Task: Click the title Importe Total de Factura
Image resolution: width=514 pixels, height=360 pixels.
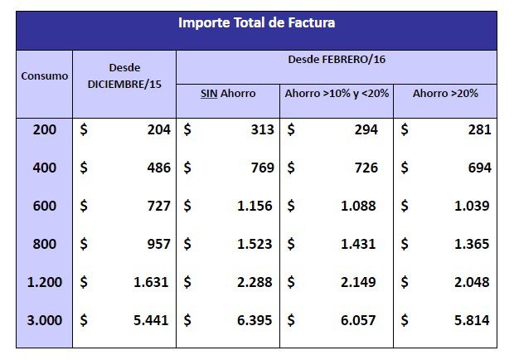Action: [256, 23]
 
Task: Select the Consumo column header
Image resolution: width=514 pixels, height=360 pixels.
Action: [45, 75]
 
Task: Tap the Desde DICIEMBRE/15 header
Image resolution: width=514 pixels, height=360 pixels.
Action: [124, 75]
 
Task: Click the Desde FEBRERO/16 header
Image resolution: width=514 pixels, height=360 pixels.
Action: [336, 61]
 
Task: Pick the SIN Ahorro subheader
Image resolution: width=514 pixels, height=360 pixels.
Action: [227, 93]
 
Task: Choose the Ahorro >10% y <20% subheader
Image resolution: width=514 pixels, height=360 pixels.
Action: [337, 93]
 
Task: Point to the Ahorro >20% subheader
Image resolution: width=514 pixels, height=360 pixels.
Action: [444, 93]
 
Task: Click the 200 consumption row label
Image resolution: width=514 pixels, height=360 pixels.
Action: [45, 129]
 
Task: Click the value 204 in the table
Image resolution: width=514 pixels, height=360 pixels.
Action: [158, 129]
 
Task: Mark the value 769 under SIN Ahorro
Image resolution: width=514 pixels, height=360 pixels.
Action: [262, 168]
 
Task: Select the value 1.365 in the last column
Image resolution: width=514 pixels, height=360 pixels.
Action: [472, 244]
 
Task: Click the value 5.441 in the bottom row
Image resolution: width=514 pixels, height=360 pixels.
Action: [152, 320]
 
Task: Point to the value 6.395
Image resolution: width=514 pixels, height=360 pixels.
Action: [255, 320]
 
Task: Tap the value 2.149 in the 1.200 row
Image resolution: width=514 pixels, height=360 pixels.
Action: [358, 282]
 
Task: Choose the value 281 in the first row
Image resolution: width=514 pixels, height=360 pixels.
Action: [478, 129]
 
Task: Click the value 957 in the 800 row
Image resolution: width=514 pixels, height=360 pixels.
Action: [158, 244]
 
